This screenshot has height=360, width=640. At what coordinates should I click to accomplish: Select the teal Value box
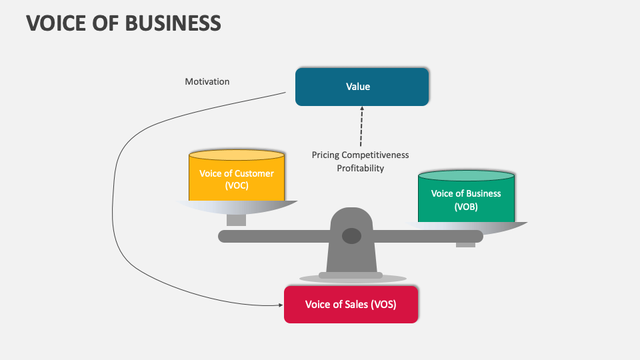click(362, 87)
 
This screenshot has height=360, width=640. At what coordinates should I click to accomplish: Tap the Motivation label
click(207, 81)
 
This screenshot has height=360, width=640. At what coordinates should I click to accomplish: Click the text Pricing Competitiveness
click(360, 155)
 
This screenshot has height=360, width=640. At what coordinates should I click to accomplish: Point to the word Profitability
click(360, 169)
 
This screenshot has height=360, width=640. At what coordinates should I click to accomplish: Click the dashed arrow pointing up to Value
click(361, 127)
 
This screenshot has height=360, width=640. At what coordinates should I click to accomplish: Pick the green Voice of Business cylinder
click(466, 200)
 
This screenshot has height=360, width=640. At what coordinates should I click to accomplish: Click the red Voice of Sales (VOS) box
click(351, 305)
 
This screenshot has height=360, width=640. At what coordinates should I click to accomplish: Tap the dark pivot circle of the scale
click(351, 235)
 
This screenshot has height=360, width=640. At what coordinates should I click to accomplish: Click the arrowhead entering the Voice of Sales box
click(280, 305)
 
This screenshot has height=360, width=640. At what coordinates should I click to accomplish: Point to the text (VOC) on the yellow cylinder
click(237, 186)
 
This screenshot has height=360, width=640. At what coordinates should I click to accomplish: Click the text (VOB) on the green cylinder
click(466, 207)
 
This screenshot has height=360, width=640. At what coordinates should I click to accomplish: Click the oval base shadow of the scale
click(353, 279)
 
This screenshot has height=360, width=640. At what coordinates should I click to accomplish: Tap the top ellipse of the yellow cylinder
click(237, 155)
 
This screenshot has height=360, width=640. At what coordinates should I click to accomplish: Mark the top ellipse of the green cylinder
click(466, 176)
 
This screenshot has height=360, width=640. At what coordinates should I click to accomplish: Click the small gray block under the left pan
click(236, 220)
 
